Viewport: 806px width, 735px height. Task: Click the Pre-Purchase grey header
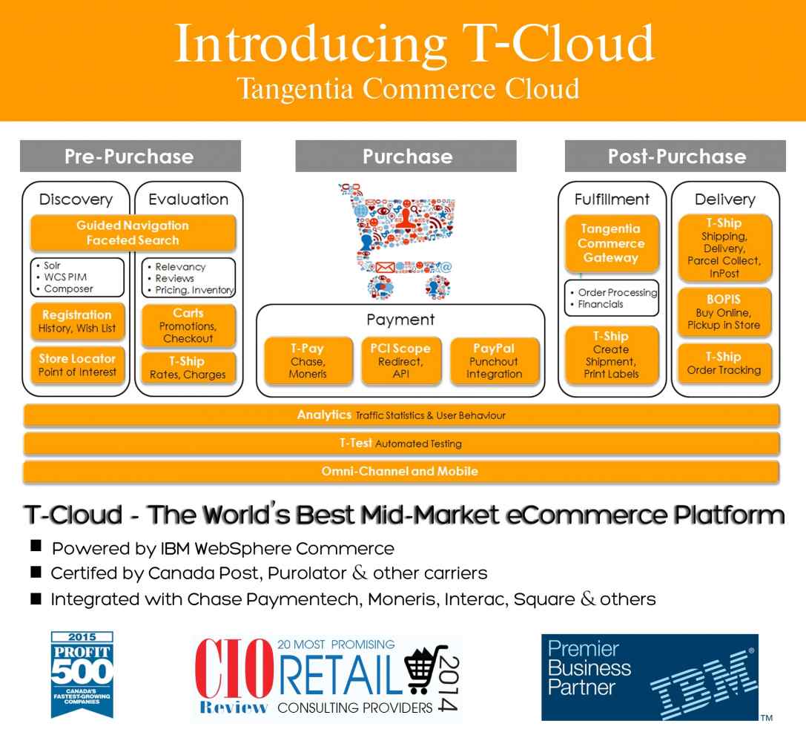[130, 156]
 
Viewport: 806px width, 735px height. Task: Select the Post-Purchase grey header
[676, 156]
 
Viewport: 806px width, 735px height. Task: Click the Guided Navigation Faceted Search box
[133, 233]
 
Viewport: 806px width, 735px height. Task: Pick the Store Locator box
[77, 365]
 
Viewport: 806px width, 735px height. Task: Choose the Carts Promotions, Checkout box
[188, 326]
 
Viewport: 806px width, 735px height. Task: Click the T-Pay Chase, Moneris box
[306, 360]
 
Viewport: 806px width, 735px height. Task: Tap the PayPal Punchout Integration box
[494, 360]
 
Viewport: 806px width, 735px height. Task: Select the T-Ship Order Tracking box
[724, 363]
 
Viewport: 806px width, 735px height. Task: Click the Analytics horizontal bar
[401, 415]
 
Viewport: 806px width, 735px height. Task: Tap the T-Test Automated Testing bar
[401, 444]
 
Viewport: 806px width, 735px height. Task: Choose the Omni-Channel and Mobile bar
[401, 471]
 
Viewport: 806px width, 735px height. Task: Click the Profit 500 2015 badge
[82, 673]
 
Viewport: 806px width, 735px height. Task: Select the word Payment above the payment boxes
[400, 320]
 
